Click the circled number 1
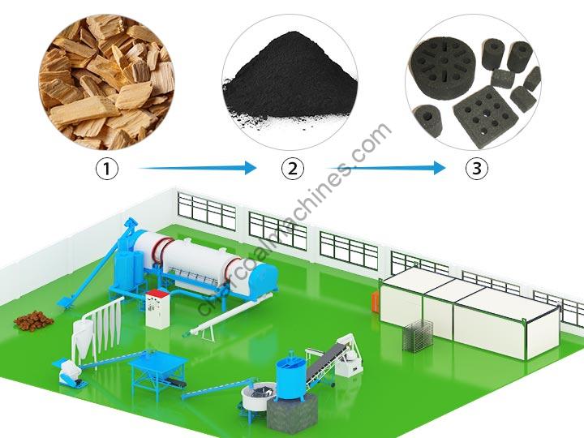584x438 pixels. point(107,169)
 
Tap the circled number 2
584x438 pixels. point(292,169)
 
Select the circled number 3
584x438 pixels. point(477,169)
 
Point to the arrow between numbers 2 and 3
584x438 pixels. point(387,169)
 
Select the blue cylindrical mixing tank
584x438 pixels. point(290,377)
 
